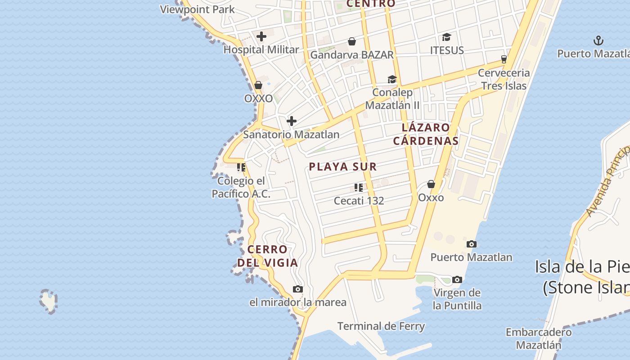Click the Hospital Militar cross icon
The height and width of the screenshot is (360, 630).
pyautogui.click(x=261, y=36)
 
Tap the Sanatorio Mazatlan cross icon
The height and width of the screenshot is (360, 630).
pyautogui.click(x=292, y=121)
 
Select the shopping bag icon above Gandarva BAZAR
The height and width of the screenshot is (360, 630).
pyautogui.click(x=352, y=41)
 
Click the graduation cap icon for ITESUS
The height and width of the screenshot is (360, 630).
pyautogui.click(x=446, y=37)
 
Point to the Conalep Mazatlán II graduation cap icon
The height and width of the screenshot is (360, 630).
pyautogui.click(x=392, y=80)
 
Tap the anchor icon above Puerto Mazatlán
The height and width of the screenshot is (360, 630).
pyautogui.click(x=598, y=41)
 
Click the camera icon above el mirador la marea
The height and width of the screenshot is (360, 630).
pyautogui.click(x=297, y=289)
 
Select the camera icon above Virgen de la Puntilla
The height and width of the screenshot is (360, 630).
pyautogui.click(x=457, y=279)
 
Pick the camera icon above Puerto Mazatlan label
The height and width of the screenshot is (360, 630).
pyautogui.click(x=471, y=244)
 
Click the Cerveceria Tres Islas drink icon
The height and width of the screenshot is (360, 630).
pyautogui.click(x=504, y=59)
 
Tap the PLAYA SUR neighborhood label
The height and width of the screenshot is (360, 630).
pyautogui.click(x=342, y=166)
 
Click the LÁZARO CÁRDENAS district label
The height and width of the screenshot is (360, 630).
pyautogui.click(x=426, y=134)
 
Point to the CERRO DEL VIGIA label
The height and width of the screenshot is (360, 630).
pyautogui.click(x=268, y=256)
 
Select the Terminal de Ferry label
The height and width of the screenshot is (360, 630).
pyautogui.click(x=381, y=326)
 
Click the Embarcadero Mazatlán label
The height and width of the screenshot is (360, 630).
pyautogui.click(x=539, y=339)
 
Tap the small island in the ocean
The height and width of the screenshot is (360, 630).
pyautogui.click(x=48, y=301)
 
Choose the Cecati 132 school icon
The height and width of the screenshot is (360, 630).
pyautogui.click(x=358, y=187)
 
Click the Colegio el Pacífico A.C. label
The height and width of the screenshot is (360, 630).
pyautogui.click(x=241, y=187)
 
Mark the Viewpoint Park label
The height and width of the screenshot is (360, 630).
pyautogui.click(x=197, y=9)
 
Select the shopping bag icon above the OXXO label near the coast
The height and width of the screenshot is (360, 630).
pyautogui.click(x=258, y=85)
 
